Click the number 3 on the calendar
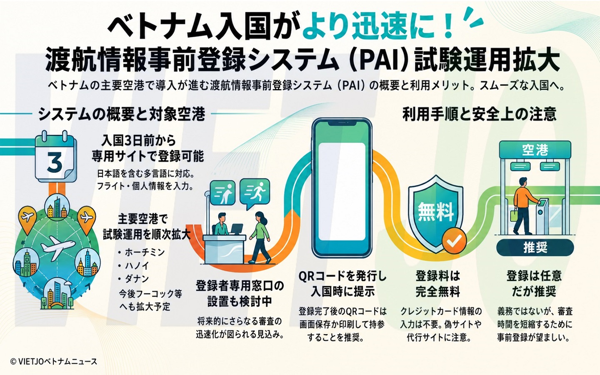[55, 162]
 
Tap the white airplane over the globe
[57, 247]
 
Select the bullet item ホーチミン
[141, 252]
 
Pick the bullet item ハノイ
[133, 266]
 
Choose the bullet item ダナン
[133, 279]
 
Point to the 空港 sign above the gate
[535, 150]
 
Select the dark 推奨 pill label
[535, 247]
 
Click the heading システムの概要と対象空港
[122, 115]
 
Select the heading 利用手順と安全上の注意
[480, 114]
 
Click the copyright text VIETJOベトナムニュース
[54, 362]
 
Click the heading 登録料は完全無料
[437, 284]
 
